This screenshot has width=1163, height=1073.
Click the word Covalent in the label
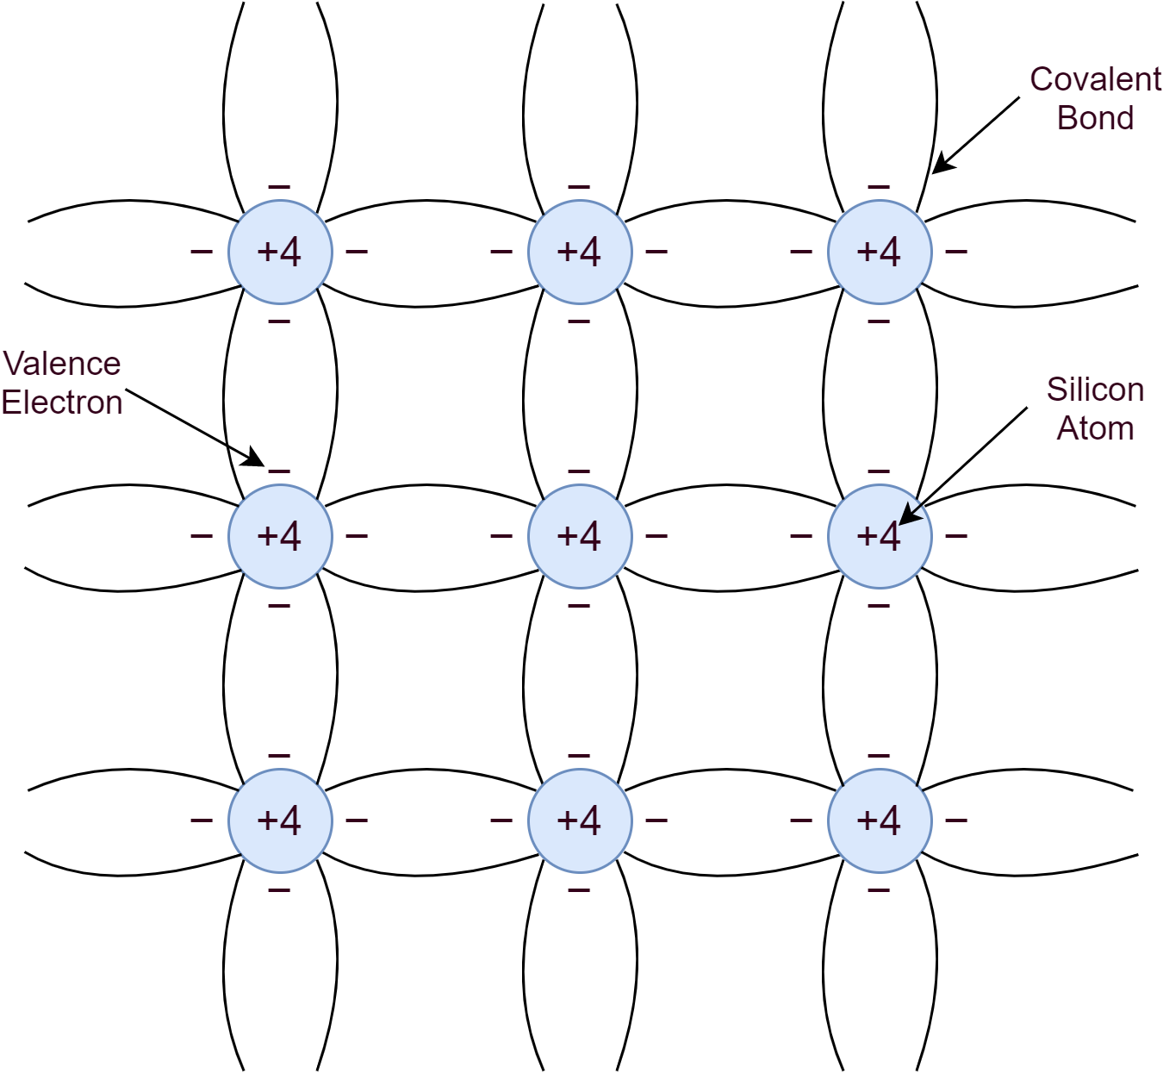1095,79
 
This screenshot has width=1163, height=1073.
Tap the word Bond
1095,117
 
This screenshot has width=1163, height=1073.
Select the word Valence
62,364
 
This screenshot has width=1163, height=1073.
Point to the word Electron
62,402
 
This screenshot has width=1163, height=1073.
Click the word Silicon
1095,390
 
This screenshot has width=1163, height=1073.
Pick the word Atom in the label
1095,427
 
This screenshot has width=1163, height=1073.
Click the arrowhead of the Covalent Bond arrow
939,167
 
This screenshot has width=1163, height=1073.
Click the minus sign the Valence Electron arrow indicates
279,471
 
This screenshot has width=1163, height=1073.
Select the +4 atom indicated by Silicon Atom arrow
879,536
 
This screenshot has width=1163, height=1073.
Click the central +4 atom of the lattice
579,536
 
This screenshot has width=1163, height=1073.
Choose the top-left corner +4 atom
279,252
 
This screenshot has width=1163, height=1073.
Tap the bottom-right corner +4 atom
879,820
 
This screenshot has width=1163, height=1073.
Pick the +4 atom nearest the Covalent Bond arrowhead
879,252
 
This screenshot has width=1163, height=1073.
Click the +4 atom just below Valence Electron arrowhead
279,536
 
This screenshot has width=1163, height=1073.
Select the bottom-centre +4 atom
579,820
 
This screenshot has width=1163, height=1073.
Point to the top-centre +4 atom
579,252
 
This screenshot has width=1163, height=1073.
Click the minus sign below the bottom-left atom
279,889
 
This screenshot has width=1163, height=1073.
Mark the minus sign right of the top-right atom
956,252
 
